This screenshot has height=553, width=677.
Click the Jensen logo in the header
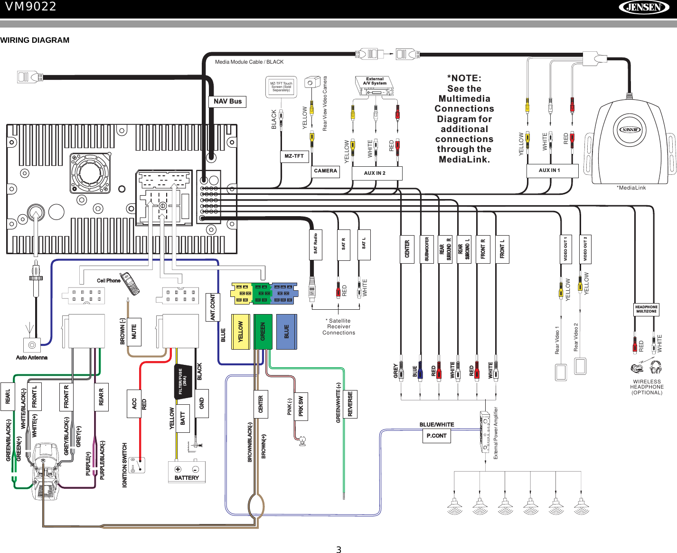click(x=644, y=7)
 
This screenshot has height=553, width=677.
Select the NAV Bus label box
click(x=227, y=101)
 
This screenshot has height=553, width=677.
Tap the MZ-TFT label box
click(x=294, y=156)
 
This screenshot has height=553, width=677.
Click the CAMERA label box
click(x=325, y=171)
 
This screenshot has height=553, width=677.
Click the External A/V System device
click(x=375, y=86)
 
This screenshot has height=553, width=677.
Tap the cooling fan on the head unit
click(x=90, y=172)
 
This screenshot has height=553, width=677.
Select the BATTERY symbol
click(x=187, y=472)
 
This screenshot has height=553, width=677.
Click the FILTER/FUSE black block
click(x=183, y=381)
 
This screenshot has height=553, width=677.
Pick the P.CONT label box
click(x=436, y=436)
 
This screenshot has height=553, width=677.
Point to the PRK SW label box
click(x=301, y=406)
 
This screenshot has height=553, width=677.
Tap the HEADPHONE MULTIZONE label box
click(x=646, y=309)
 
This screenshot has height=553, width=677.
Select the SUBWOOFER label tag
click(x=427, y=249)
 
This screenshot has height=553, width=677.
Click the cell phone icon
click(x=129, y=283)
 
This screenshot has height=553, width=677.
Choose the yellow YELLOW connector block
click(x=240, y=332)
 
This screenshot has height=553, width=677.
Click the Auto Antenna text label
click(x=32, y=358)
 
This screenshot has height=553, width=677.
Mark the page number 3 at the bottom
click(x=338, y=550)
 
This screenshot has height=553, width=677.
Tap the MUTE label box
click(x=134, y=332)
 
